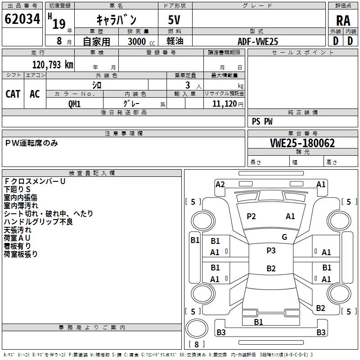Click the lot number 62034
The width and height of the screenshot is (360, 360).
(22, 19)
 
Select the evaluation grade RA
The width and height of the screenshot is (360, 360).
(342, 21)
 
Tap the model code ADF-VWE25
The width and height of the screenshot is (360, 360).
(258, 41)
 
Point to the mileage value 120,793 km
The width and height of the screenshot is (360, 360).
(53, 64)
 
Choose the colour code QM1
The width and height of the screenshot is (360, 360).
(74, 103)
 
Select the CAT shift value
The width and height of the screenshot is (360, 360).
(13, 94)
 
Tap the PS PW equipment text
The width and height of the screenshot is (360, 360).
(262, 121)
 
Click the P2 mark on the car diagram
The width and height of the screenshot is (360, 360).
(251, 216)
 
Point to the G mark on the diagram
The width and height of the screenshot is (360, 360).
(284, 237)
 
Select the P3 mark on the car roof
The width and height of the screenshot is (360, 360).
(271, 251)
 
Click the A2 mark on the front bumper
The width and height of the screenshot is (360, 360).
(220, 184)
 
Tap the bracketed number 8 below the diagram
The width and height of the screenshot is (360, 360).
(197, 345)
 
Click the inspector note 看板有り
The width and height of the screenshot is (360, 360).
(18, 246)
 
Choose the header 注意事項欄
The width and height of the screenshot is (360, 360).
(124, 134)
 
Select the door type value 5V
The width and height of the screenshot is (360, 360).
(175, 20)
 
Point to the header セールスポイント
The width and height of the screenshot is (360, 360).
(303, 53)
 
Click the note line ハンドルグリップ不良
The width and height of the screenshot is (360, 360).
(38, 221)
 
